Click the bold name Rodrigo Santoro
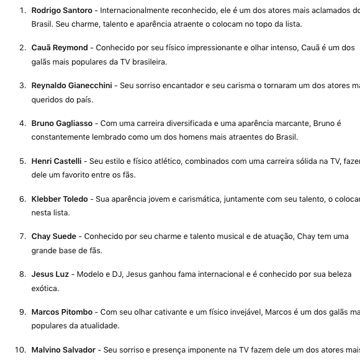pos(61,11)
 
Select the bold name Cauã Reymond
pos(60,48)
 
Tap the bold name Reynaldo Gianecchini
pos(71,86)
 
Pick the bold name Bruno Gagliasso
pos(61,124)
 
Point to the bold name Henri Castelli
pos(56,161)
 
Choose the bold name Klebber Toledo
pos(60,199)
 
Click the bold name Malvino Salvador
pos(63,350)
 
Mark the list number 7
pos(22,236)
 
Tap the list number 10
pos(20,350)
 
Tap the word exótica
pos(45,289)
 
